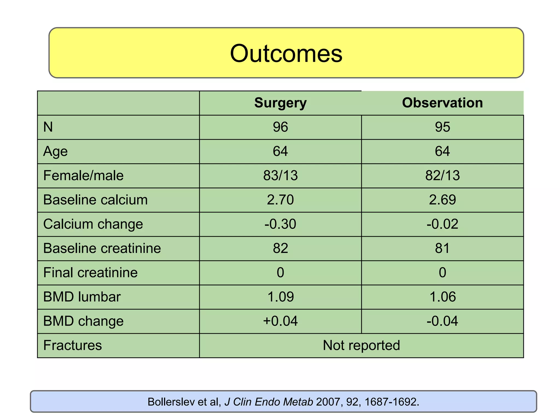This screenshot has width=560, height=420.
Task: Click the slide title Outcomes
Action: coord(286,54)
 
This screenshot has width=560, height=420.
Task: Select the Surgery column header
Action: coord(280,103)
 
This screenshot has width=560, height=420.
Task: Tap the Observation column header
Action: coord(442,103)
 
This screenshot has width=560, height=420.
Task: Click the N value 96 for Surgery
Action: coord(280,127)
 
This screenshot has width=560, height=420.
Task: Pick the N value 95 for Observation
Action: coord(442,127)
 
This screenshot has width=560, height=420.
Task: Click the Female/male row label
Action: coord(83,176)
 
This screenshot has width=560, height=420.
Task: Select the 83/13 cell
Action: coord(280,176)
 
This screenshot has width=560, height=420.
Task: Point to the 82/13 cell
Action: coord(442,176)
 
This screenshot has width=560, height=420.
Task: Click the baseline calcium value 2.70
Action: coord(280,200)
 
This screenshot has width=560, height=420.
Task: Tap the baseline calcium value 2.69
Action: coord(442,200)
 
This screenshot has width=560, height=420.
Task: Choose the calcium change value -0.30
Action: coord(280,224)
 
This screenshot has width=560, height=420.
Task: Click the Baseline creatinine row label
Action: coord(102,248)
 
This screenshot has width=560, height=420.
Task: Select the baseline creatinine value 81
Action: coord(442,248)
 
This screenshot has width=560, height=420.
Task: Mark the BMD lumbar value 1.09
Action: coord(280,297)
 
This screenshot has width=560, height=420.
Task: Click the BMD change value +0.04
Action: coord(280,321)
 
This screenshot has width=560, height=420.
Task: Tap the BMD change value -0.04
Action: coord(442,321)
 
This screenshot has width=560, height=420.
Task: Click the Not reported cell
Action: coord(361,345)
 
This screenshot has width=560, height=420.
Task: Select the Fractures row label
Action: coord(72,345)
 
